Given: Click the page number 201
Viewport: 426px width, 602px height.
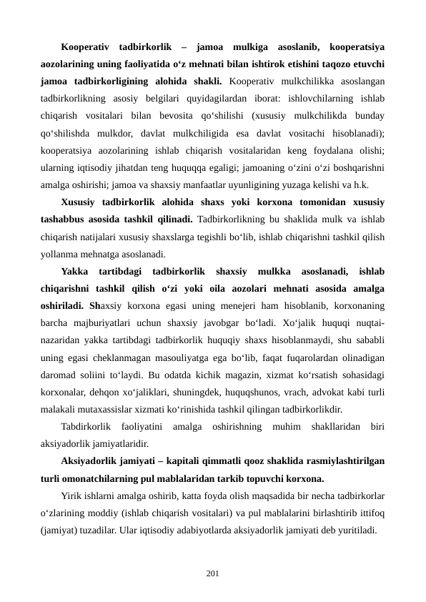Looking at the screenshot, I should pos(212,573).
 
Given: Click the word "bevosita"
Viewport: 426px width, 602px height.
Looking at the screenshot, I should pos(192,116).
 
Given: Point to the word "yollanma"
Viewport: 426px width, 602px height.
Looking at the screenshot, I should pos(59,253).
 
